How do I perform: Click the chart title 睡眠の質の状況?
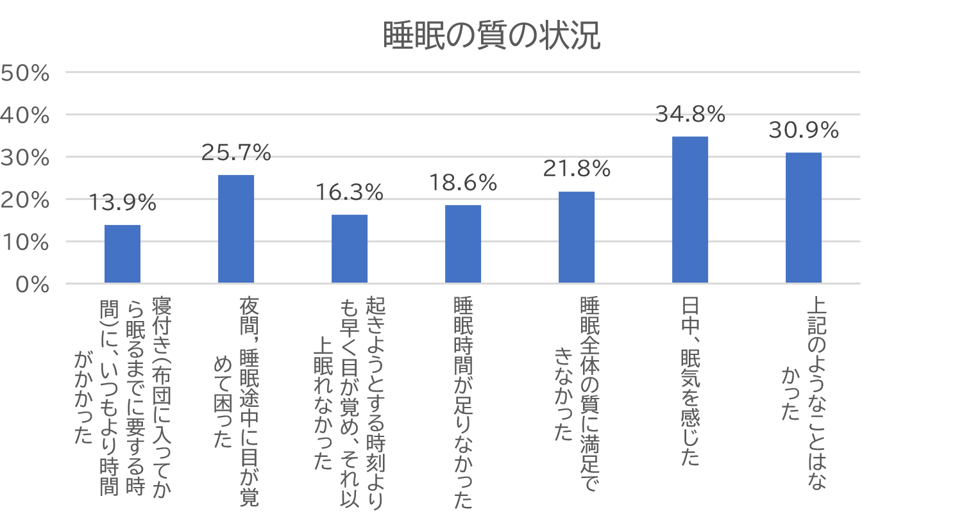pyautogui.click(x=491, y=35)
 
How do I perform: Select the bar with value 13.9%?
pyautogui.click(x=122, y=254)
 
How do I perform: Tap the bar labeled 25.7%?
pyautogui.click(x=236, y=229)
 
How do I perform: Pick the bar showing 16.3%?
pyautogui.click(x=350, y=249)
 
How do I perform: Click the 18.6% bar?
pyautogui.click(x=463, y=244)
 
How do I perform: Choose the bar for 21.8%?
pyautogui.click(x=577, y=237)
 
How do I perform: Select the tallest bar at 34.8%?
pyautogui.click(x=690, y=210)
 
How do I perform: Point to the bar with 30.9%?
pyautogui.click(x=804, y=218)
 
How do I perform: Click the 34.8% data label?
pyautogui.click(x=690, y=115)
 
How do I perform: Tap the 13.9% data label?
pyautogui.click(x=122, y=203)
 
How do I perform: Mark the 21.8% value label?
pyautogui.click(x=577, y=169)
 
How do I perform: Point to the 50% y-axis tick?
pyautogui.click(x=25, y=73)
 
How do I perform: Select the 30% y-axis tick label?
pyautogui.click(x=25, y=158)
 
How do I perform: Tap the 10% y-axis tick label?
pyautogui.click(x=25, y=242)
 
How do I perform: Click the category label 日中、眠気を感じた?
pyautogui.click(x=691, y=381)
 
